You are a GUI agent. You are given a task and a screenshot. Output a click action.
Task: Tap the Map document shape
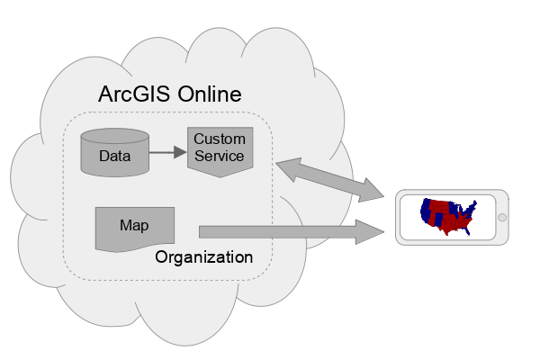(135, 229)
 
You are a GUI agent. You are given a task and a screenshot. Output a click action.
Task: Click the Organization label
(203, 257)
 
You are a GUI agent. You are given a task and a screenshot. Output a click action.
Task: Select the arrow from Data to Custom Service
(166, 152)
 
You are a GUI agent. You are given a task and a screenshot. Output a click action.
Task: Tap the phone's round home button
(502, 217)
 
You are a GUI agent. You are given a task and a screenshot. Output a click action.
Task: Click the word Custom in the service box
(220, 139)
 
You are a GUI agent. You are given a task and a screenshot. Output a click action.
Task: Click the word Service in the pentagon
(220, 156)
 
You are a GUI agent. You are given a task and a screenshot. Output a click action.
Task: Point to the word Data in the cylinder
(114, 156)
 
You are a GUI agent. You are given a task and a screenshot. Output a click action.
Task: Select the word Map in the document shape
(134, 225)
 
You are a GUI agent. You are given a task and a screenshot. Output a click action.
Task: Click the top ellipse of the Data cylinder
(114, 137)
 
